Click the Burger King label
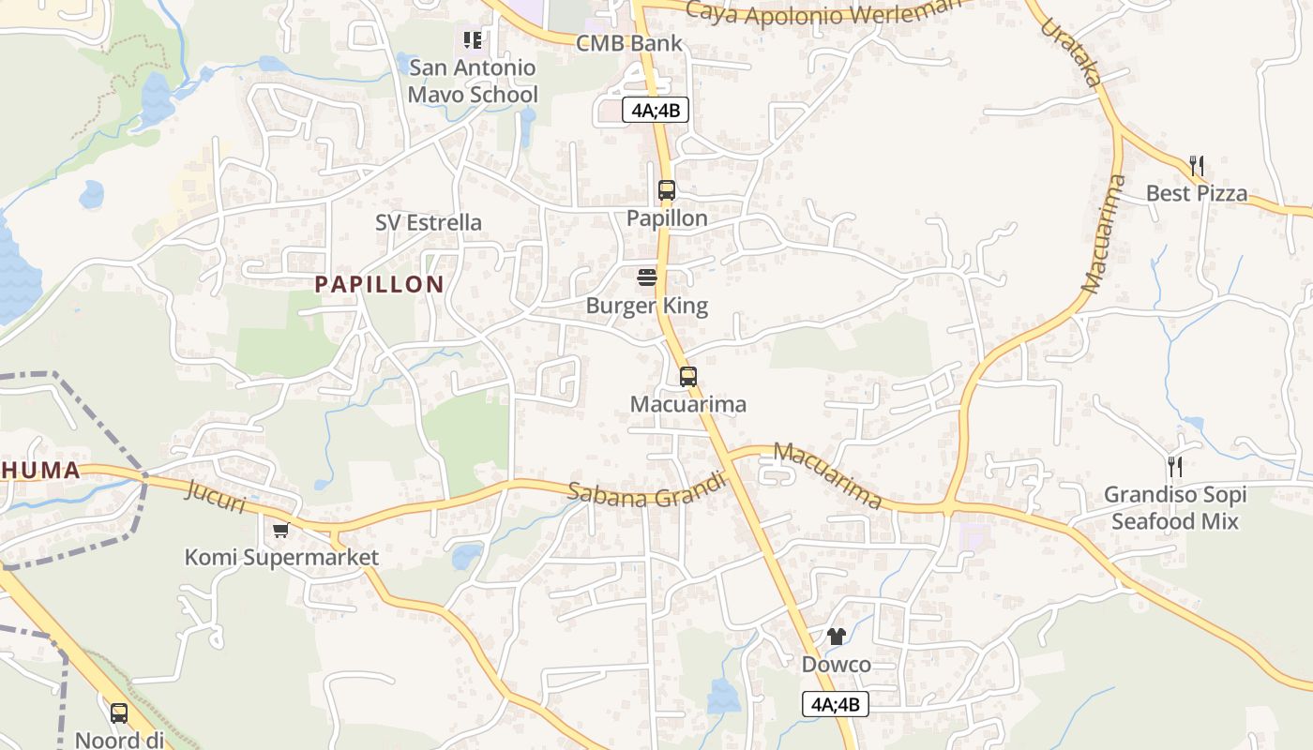(646, 306)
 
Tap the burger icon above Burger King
(647, 277)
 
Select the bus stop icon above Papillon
(666, 190)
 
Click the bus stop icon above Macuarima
(688, 377)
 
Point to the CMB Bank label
(629, 43)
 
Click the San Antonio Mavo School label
(473, 81)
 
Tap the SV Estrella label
(429, 222)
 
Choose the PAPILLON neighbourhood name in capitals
(379, 285)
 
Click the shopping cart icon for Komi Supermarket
(280, 531)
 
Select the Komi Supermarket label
(281, 558)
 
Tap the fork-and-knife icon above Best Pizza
(1197, 166)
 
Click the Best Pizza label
(1197, 193)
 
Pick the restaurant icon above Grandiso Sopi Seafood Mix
(1174, 466)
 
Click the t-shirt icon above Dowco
(836, 637)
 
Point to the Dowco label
(836, 665)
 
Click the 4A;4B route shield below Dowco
(836, 704)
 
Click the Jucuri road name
(216, 497)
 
